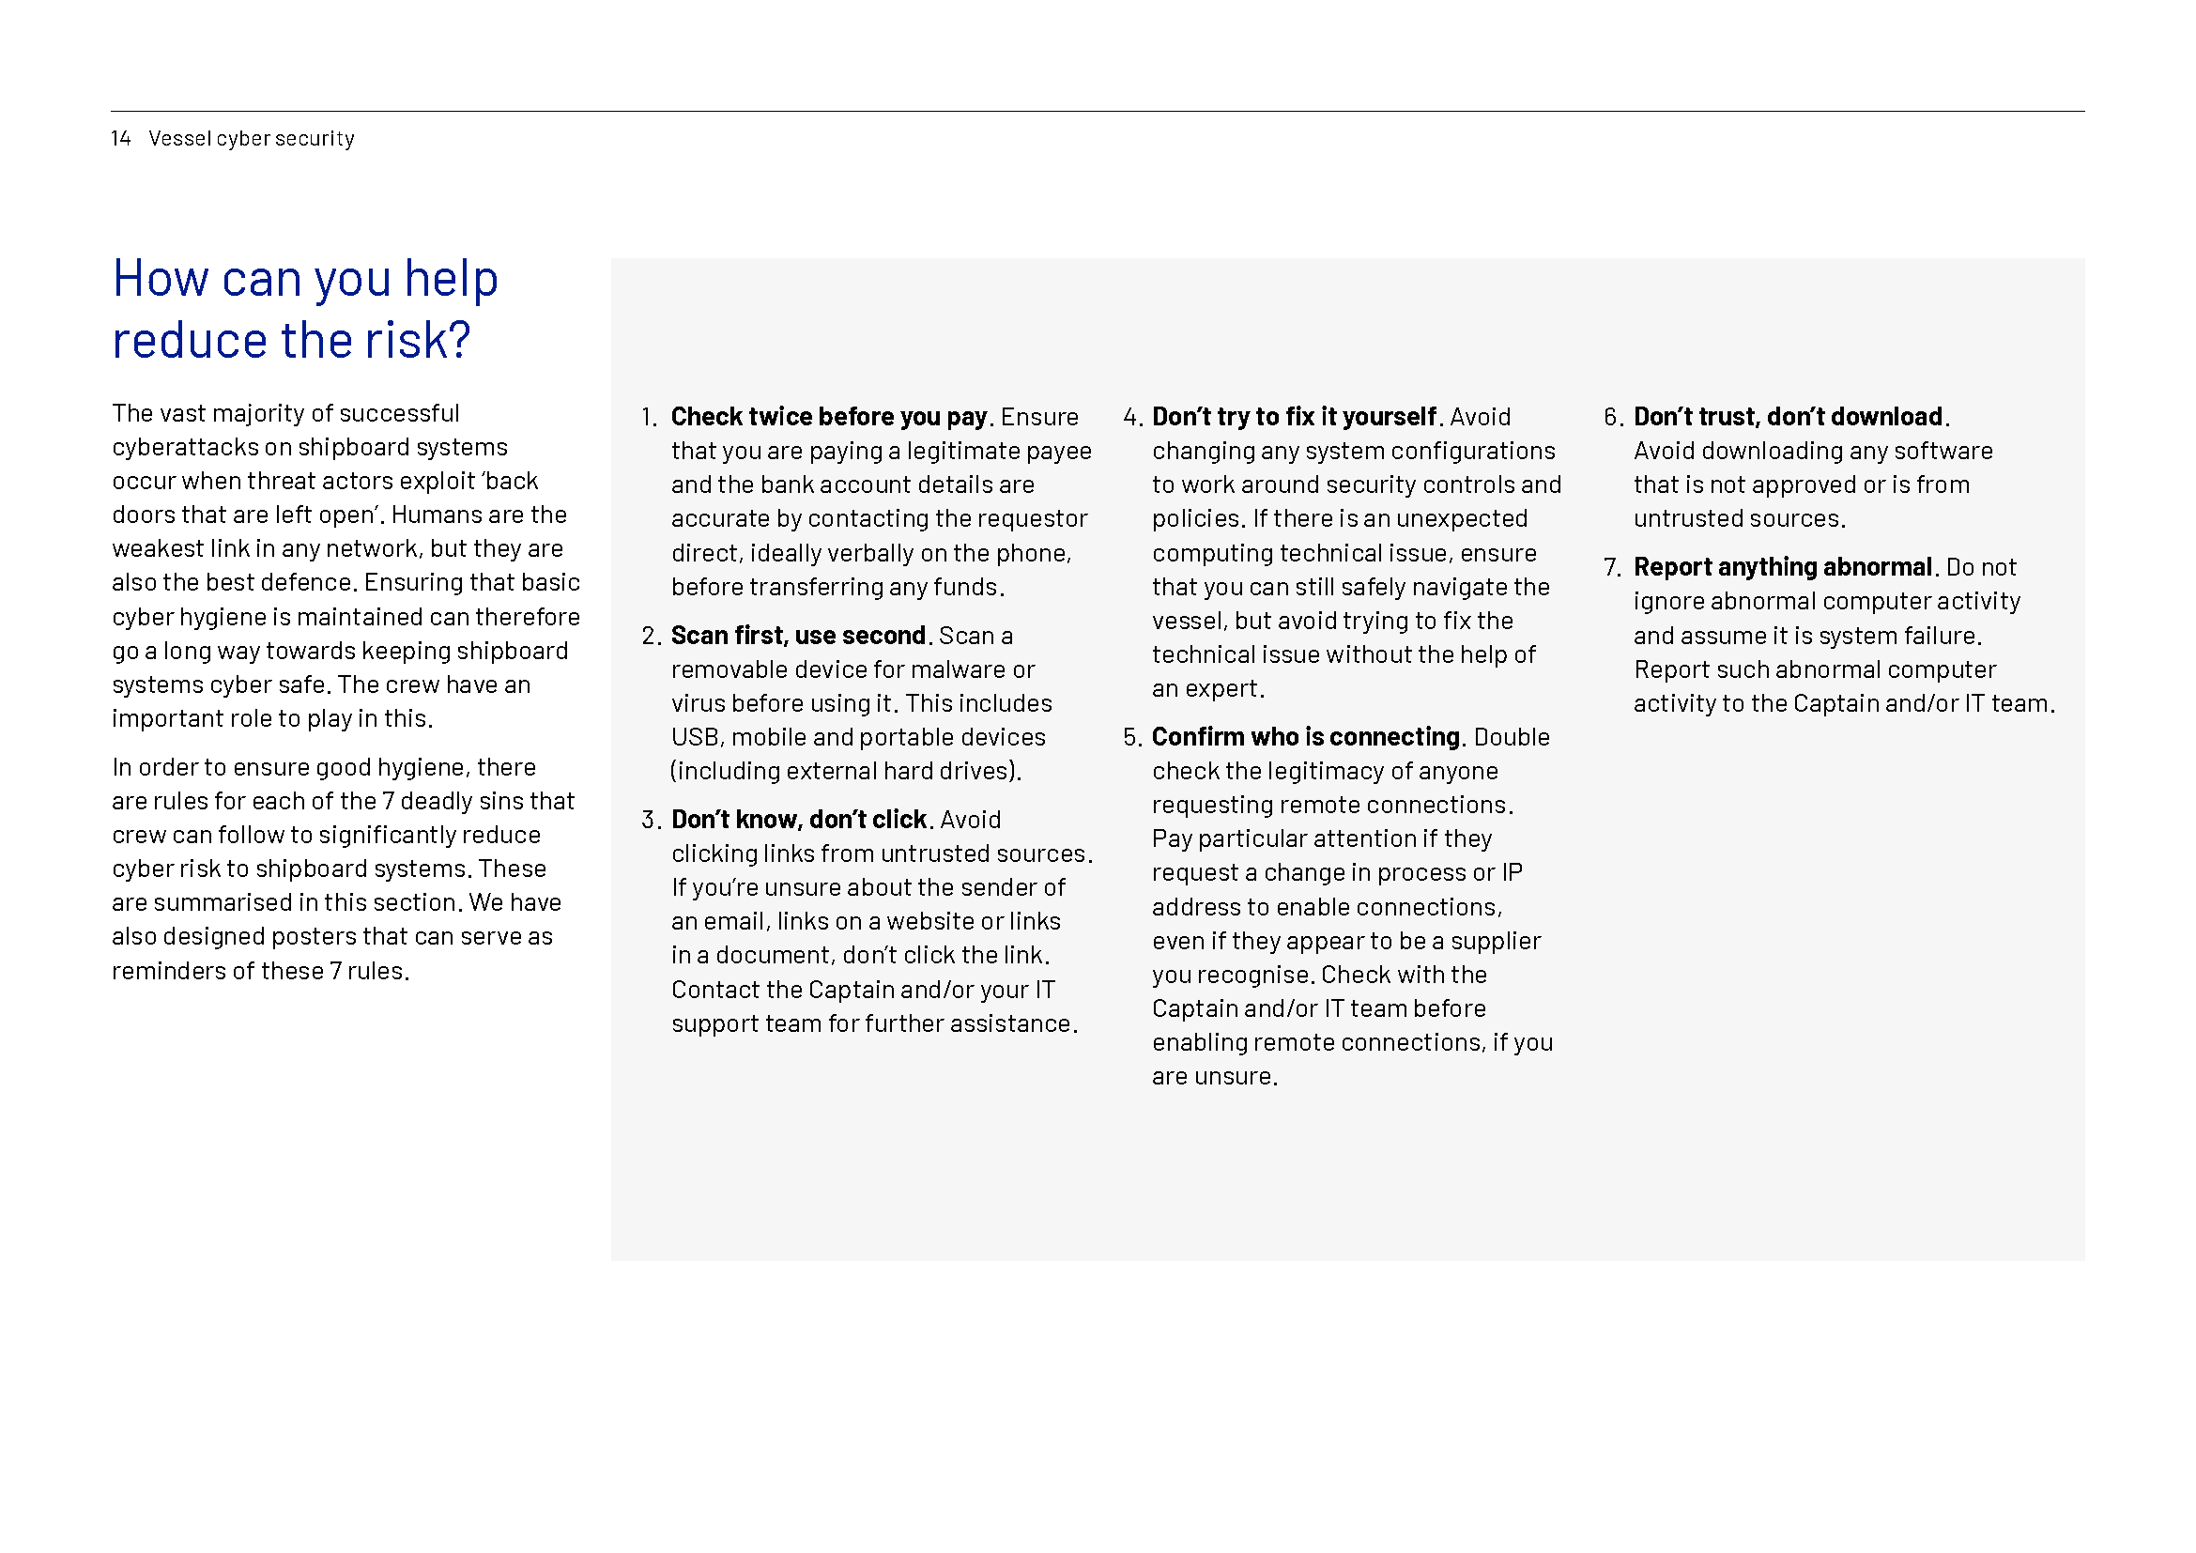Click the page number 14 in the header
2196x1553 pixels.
[120, 139]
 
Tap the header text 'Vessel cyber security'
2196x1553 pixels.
[252, 139]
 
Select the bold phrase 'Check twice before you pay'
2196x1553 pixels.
[828, 417]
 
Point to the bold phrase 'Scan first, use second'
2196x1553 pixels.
[798, 636]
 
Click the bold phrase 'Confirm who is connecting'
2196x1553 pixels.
[1306, 737]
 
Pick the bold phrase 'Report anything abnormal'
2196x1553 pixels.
[1783, 567]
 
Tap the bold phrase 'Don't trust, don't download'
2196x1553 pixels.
[1788, 417]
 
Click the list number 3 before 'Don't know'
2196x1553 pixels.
[650, 821]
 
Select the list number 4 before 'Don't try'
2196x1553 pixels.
[1130, 417]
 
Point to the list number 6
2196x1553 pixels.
[1612, 417]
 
